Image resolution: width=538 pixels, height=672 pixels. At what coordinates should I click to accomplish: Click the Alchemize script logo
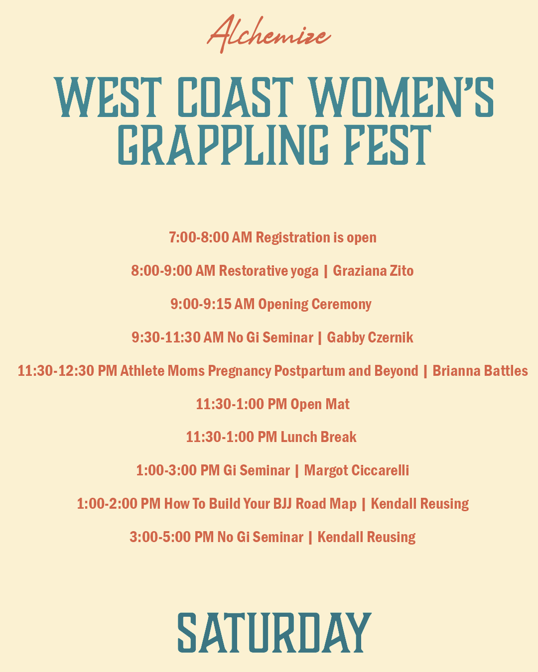pos(269,34)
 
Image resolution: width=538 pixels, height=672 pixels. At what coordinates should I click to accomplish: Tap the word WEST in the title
pos(108,98)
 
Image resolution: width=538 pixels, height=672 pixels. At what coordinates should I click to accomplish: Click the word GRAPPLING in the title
pos(224,145)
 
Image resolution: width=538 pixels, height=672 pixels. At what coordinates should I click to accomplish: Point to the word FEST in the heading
pos(388,145)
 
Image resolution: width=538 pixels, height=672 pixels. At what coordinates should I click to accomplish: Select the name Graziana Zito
pos(373,271)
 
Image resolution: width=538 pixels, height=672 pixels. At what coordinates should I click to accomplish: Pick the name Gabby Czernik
pos(370,338)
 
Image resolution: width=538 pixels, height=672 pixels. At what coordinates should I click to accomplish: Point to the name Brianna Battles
pos(480,371)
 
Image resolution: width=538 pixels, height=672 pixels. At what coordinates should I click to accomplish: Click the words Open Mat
pos(320,404)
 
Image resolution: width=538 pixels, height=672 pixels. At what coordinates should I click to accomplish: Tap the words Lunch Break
pos(318,437)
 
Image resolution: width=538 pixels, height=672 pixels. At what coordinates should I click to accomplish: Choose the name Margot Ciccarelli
pos(356,471)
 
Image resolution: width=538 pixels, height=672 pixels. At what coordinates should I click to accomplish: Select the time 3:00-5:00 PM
pos(172,538)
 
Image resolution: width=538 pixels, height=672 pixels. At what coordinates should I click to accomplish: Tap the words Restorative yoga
pos(268,271)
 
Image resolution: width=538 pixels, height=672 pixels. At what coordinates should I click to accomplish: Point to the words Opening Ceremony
pos(314,305)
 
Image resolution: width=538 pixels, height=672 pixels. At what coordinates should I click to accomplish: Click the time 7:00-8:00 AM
pos(210,237)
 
